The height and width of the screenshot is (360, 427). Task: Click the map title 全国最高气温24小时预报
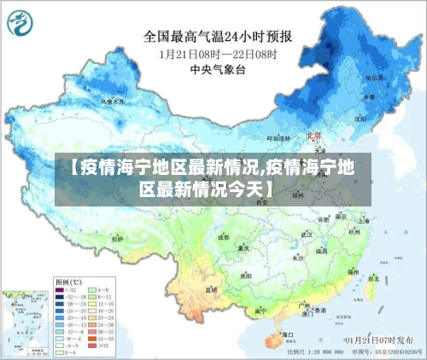(218, 37)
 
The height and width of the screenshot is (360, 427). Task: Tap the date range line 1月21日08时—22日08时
(218, 53)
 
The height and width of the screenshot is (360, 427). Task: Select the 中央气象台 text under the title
(218, 68)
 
